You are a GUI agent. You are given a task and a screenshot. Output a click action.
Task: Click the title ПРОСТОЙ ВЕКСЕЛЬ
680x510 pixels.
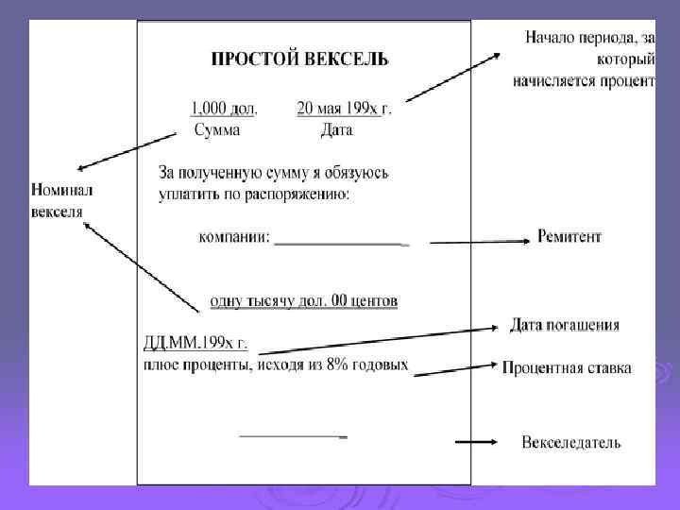(x=298, y=59)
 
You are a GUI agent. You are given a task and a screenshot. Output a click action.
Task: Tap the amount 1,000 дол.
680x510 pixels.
(x=224, y=108)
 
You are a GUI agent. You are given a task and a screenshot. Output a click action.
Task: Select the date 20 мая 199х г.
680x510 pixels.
(x=343, y=108)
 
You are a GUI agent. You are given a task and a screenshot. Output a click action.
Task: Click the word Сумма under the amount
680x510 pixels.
(x=223, y=129)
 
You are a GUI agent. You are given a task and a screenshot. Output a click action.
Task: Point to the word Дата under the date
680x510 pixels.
(x=336, y=129)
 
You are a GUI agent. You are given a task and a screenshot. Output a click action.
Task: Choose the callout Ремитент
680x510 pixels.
(x=569, y=237)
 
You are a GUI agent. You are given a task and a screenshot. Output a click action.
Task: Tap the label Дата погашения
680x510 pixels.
(x=565, y=326)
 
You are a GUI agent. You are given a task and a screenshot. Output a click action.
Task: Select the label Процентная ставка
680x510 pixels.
(x=567, y=368)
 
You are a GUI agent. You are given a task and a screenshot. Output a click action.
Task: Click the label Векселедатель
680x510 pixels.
(x=571, y=442)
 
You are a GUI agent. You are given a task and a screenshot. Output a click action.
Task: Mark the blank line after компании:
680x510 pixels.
(x=340, y=243)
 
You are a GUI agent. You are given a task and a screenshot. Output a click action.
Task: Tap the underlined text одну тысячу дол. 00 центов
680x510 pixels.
(x=303, y=301)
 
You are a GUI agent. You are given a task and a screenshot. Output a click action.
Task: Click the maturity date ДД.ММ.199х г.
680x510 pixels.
(x=195, y=343)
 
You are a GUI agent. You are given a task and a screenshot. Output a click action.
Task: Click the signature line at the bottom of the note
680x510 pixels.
(x=293, y=436)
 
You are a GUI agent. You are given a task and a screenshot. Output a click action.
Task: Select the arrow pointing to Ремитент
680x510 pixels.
(x=477, y=243)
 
